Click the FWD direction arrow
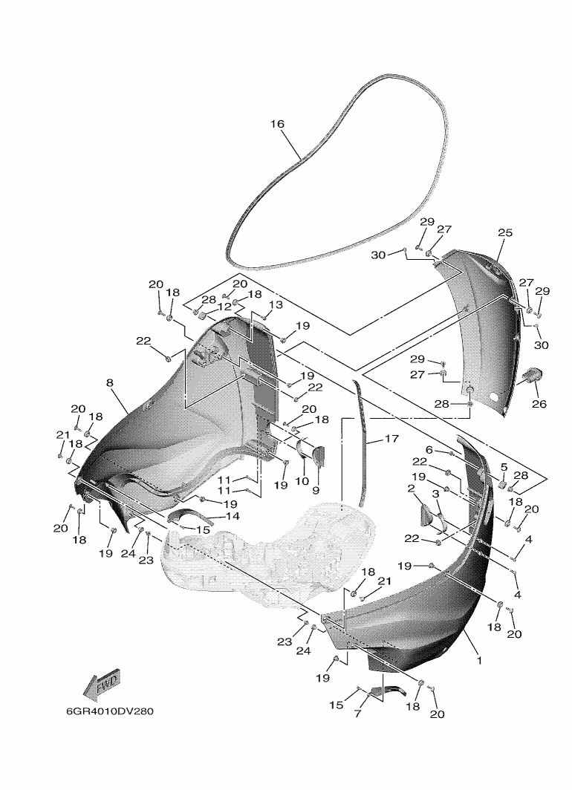[103, 685]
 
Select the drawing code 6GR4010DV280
[110, 711]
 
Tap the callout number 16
[277, 123]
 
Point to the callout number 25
[505, 232]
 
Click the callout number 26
[539, 404]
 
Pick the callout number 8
[110, 383]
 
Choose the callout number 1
[479, 660]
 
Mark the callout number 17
[391, 439]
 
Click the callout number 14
[233, 516]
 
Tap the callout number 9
[316, 490]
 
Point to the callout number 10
[302, 481]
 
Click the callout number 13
[276, 304]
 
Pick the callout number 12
[224, 306]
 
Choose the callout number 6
[429, 449]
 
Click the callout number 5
[504, 467]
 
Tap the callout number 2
[412, 489]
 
